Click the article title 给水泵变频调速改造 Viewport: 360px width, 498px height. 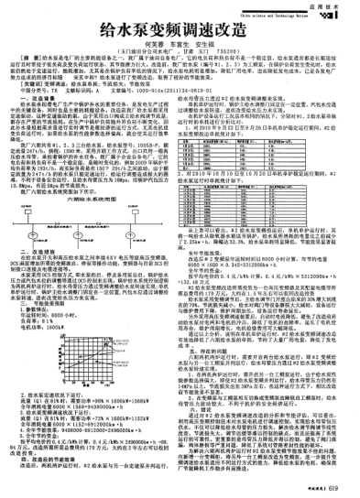[179, 36]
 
